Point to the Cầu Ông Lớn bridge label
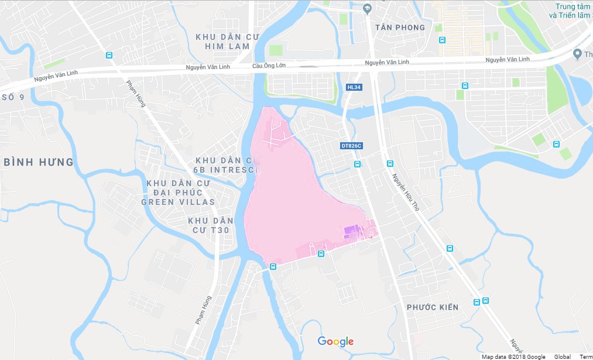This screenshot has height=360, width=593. (269, 66)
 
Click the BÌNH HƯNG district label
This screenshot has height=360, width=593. (39, 162)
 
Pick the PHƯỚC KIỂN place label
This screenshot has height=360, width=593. (433, 307)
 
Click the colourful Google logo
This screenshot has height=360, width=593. (335, 341)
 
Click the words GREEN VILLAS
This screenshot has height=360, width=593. (178, 202)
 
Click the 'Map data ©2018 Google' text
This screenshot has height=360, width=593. (513, 356)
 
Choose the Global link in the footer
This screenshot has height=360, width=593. (563, 356)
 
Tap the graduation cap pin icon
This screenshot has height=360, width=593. (368, 8)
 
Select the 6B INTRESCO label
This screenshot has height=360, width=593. (225, 170)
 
